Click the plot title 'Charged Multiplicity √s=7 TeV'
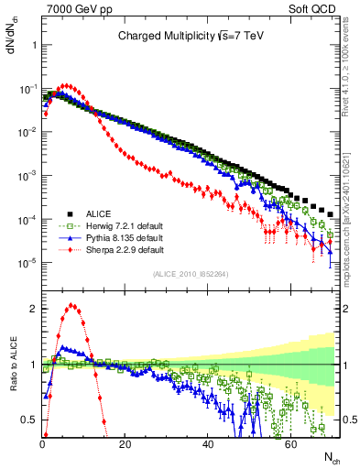190,37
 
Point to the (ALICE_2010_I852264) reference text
190,272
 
